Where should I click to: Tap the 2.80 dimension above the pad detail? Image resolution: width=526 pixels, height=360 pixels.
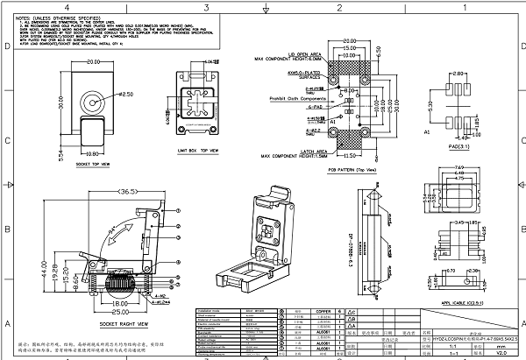pyautogui.click(x=459, y=75)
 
